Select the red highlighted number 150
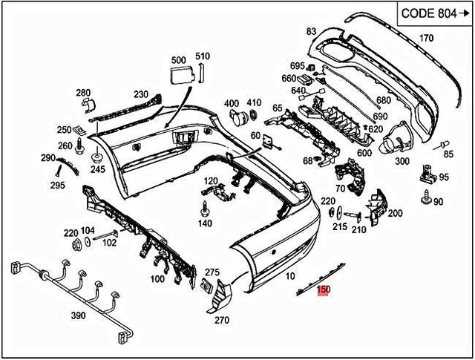(x=324, y=292)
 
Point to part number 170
(x=426, y=38)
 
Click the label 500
(x=179, y=59)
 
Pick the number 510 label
(x=203, y=56)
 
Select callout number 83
(x=311, y=31)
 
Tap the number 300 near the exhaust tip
(x=403, y=160)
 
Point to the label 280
(x=82, y=92)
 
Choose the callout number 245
(x=98, y=168)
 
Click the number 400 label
(x=232, y=102)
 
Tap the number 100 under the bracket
(x=157, y=279)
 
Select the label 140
(x=205, y=223)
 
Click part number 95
(x=444, y=177)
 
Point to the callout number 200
(x=395, y=214)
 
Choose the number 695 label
(x=298, y=66)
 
